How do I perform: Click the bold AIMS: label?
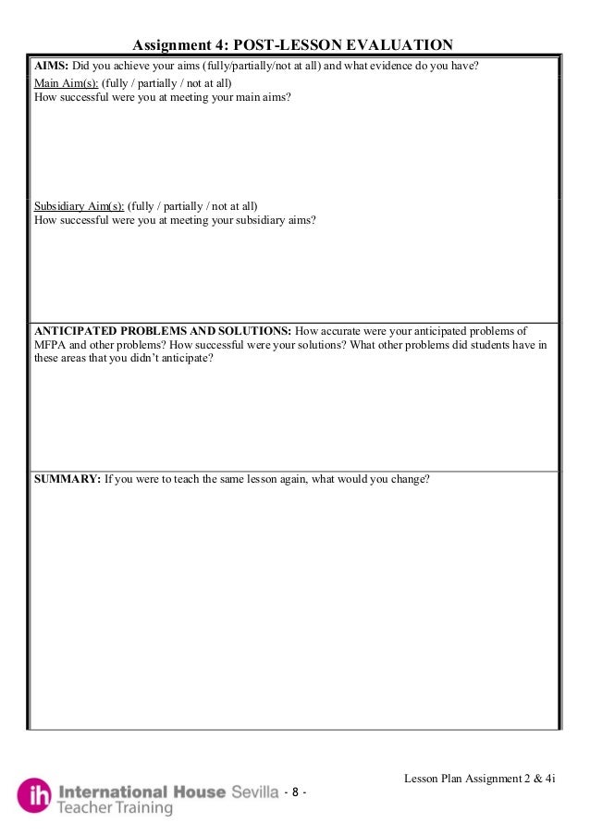(x=52, y=68)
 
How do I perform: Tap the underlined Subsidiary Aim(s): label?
(x=79, y=205)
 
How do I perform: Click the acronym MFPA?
(x=52, y=345)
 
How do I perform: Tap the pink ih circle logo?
(x=34, y=794)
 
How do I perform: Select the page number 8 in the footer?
(x=295, y=792)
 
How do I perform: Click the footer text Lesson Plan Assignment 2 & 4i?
(x=479, y=779)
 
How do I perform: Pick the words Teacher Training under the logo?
(x=115, y=808)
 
